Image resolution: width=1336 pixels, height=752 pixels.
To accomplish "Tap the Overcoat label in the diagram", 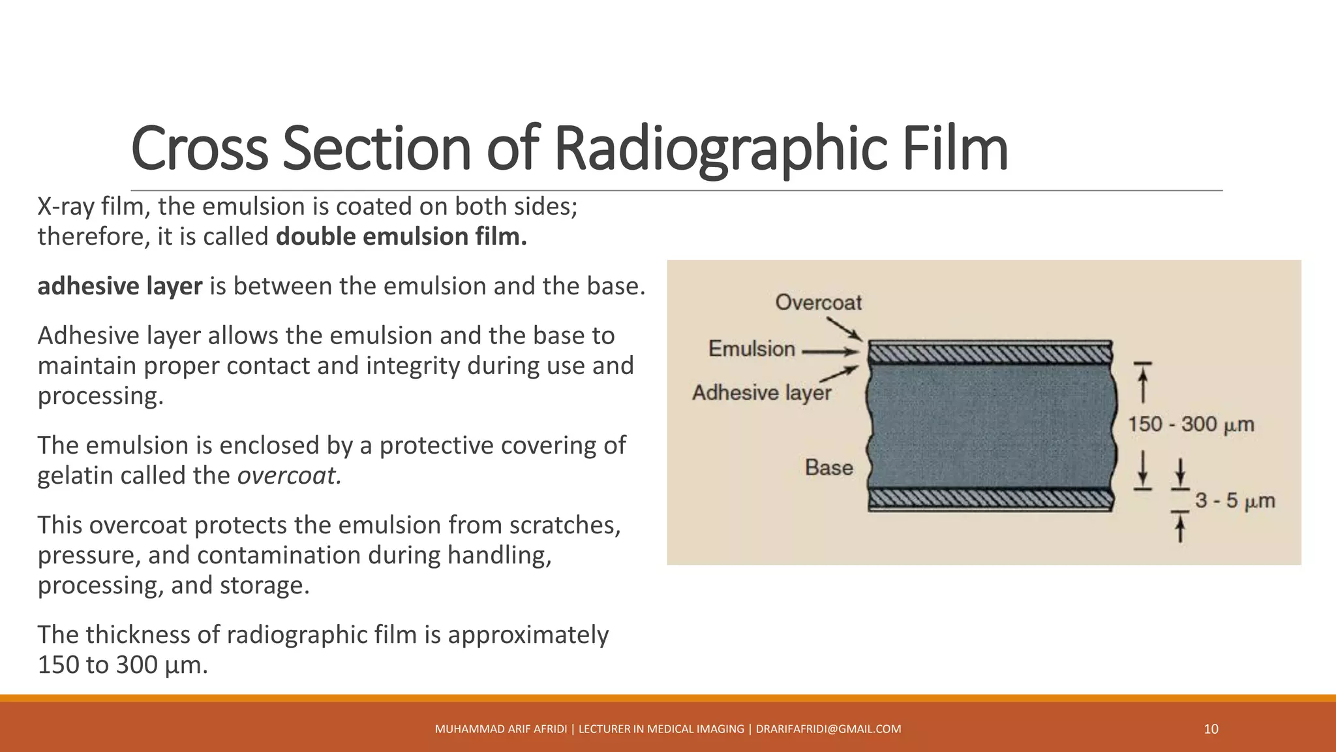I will [818, 302].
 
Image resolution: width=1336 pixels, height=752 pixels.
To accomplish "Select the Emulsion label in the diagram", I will [751, 349].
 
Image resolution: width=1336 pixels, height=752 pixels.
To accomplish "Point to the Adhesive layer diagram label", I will [761, 392].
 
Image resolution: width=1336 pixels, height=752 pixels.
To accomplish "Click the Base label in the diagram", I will [828, 467].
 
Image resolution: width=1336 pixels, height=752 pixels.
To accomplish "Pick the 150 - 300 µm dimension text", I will [1191, 424].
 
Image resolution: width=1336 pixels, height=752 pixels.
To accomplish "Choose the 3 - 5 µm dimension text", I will [1234, 501].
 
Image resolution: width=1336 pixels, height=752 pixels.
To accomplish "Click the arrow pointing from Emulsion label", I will [830, 352].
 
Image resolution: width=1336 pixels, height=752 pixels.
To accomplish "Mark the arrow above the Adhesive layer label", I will [839, 374].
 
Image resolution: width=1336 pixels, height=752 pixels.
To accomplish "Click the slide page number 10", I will [1211, 729].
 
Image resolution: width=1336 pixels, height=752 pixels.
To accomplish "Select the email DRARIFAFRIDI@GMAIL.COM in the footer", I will [828, 729].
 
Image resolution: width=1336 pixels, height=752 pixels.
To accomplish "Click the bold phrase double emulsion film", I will [401, 236].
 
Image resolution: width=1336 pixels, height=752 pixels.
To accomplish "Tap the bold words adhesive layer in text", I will [120, 286].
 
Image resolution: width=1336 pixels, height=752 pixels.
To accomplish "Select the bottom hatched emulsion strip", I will [990, 499].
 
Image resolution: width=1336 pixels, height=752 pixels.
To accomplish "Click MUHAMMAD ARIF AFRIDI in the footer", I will [500, 729].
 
